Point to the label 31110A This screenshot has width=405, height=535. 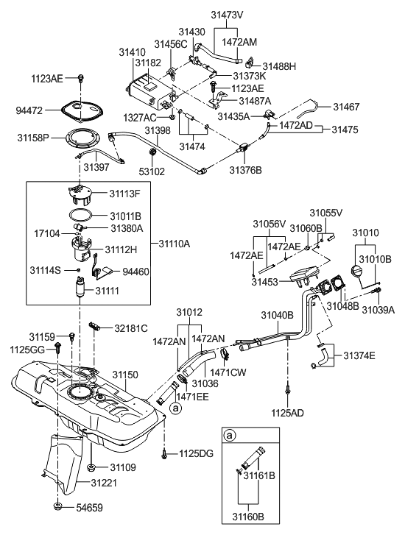coord(175,243)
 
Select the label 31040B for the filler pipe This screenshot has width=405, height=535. coord(278,314)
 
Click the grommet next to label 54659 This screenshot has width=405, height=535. coord(57,507)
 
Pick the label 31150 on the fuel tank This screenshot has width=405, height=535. coord(124,375)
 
